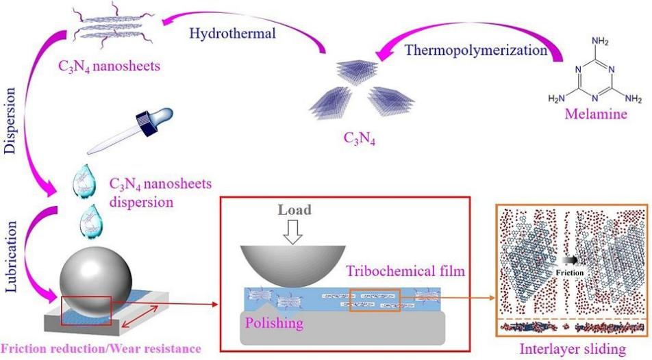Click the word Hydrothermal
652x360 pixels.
[x=232, y=34]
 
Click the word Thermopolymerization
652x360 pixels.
[x=476, y=50]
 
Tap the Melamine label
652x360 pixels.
[x=596, y=114]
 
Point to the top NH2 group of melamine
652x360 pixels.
[x=600, y=41]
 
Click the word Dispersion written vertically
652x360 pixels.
[x=10, y=121]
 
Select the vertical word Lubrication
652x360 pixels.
[x=10, y=257]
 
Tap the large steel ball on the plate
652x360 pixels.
[x=96, y=282]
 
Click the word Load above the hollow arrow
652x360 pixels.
[x=294, y=210]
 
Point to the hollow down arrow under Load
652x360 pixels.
[x=292, y=232]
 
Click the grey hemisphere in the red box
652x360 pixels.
[x=292, y=264]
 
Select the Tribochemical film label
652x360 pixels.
[x=405, y=271]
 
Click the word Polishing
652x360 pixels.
[x=274, y=323]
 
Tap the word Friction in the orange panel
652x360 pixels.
[x=570, y=272]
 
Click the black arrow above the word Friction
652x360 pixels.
[x=569, y=260]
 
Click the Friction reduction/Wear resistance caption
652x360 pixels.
[x=101, y=349]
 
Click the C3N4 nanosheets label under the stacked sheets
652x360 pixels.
[x=110, y=66]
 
